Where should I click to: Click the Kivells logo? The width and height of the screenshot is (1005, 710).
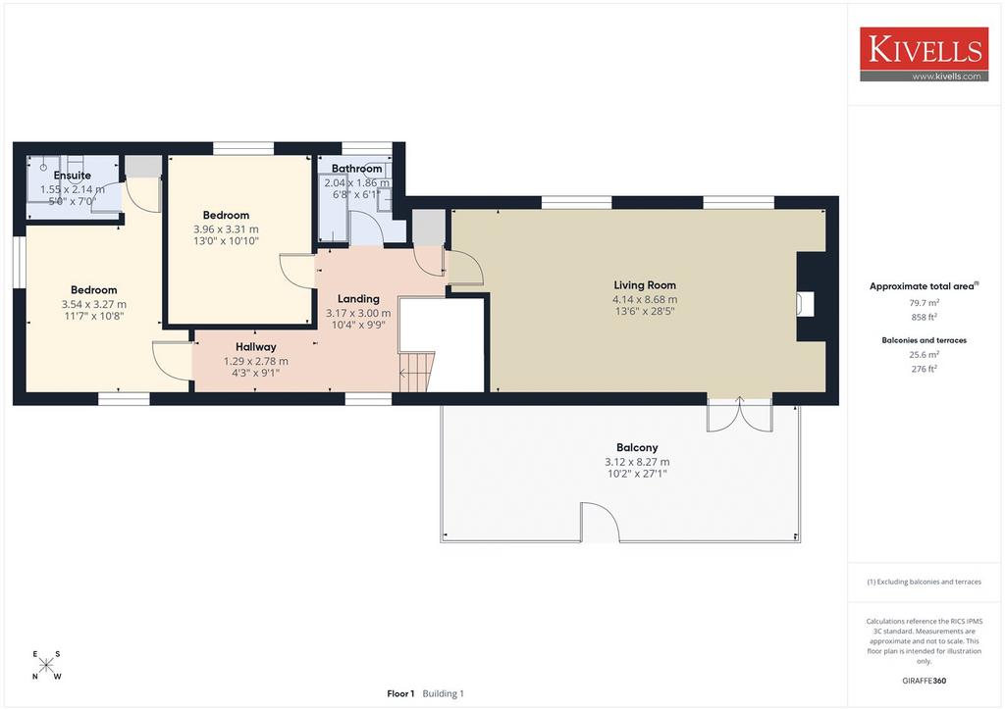coord(924,54)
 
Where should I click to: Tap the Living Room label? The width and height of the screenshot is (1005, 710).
coord(645,285)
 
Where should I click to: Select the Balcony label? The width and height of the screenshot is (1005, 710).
coord(637,447)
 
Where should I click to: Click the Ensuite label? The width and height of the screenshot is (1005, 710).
coord(73,175)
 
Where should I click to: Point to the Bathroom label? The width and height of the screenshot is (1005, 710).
coord(356,169)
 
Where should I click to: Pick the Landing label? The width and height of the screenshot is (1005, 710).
coord(358,298)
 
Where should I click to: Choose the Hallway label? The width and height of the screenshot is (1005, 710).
coord(256,346)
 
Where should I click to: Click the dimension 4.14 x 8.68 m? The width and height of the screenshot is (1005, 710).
coord(645,299)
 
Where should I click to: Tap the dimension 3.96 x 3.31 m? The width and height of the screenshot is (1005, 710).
coord(227,228)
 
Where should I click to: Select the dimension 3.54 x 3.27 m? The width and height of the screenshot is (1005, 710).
coord(93,304)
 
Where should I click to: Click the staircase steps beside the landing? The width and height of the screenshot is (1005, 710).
coord(417,372)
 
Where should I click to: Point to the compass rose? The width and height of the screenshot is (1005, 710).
coord(46,665)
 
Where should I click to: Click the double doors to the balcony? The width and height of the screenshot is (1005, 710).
coord(739,414)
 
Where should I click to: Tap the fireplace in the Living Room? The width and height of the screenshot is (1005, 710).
coord(805,304)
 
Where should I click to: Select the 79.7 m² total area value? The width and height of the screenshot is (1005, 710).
coord(924,303)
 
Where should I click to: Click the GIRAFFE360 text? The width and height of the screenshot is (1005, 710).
coord(924,681)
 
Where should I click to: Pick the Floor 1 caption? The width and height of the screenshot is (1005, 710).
coord(400,693)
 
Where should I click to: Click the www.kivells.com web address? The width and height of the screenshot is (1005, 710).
coord(946,76)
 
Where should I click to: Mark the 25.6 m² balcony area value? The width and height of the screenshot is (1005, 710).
coord(924,355)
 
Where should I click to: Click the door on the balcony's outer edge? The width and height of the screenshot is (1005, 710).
coord(600,523)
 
